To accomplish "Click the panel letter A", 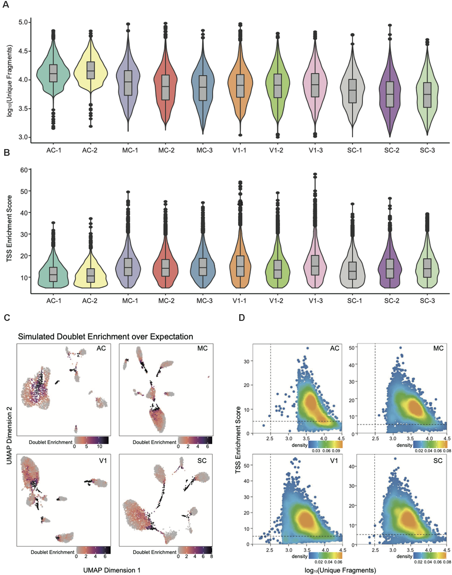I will (6, 5).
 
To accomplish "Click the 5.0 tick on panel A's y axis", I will (23, 22).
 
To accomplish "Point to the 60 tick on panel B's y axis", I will (24, 170).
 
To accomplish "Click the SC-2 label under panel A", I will (392, 151).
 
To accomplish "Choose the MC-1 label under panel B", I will (130, 301).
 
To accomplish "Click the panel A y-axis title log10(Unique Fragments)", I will (10, 81).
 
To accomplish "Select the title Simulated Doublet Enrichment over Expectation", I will (105, 337).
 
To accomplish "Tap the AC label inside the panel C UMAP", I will (101, 348).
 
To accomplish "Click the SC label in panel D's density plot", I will (438, 461).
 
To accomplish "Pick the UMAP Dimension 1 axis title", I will (112, 570).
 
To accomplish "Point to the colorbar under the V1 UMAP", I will (93, 550).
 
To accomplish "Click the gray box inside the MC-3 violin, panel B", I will (203, 266).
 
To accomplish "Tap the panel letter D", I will (242, 318).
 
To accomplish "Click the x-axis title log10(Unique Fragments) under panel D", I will (340, 570).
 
